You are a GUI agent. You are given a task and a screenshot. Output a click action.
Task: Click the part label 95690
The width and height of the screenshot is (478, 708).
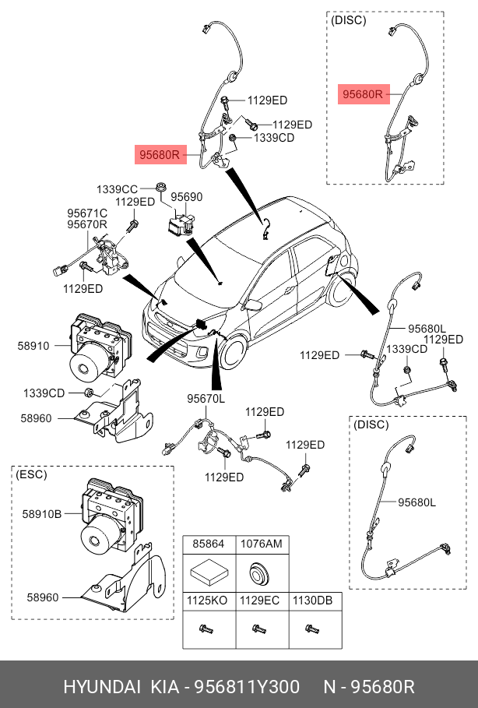(187, 198)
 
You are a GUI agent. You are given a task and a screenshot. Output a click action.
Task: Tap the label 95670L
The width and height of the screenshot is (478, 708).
(206, 399)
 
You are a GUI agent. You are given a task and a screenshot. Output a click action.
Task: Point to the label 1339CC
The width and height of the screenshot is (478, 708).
(117, 189)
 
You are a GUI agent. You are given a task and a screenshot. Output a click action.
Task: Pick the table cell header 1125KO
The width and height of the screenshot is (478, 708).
(209, 601)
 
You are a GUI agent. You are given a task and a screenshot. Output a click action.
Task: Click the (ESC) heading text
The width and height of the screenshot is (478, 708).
(31, 474)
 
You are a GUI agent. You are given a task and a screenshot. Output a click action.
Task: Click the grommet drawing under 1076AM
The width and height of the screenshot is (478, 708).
(259, 575)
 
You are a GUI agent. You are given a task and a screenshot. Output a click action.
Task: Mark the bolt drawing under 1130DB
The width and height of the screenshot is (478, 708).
(311, 629)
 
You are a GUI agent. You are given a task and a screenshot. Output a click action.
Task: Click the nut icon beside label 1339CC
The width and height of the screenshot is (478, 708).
(160, 187)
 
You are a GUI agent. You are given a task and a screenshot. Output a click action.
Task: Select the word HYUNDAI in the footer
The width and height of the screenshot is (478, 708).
(101, 687)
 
